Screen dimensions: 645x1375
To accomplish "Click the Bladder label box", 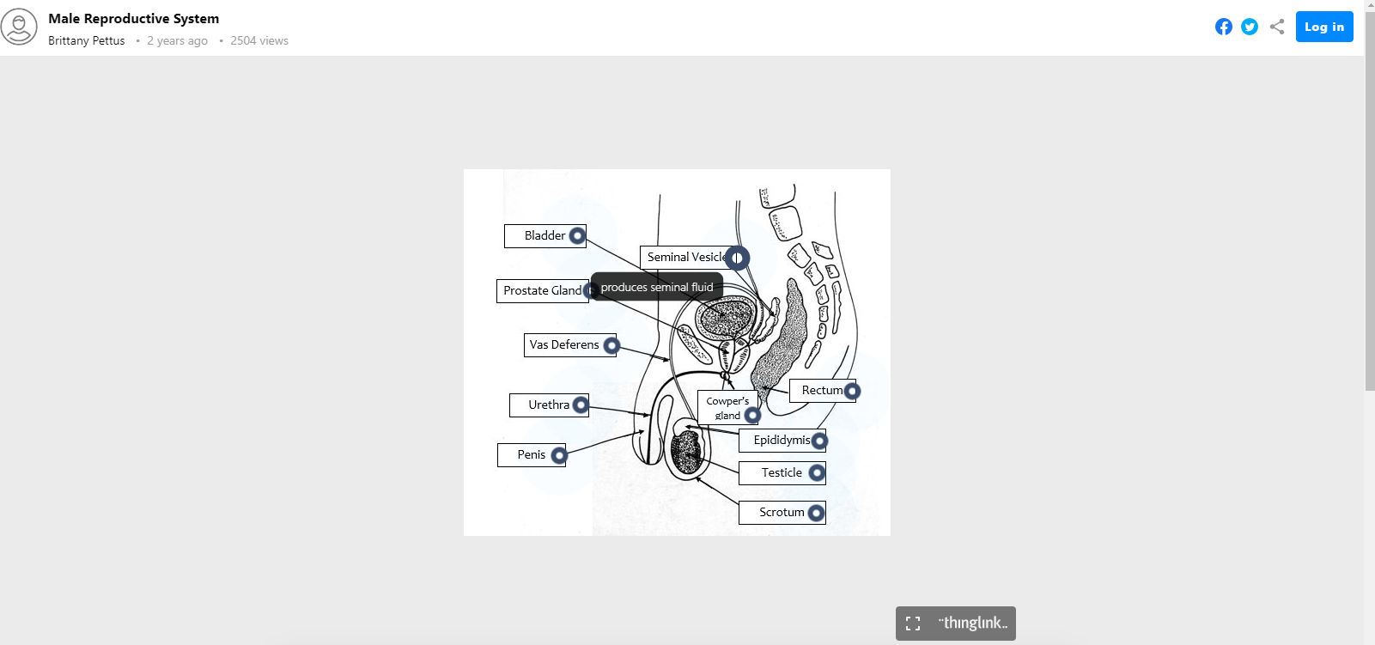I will coord(544,235).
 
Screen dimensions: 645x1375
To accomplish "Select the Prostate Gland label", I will coord(541,291).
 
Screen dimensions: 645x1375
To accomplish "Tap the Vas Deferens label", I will coord(563,345).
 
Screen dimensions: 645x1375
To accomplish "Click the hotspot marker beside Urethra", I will coord(581,405).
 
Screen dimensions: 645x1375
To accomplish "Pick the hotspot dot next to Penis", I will coord(559,455).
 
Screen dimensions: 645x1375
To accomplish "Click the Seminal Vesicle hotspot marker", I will coord(737,258).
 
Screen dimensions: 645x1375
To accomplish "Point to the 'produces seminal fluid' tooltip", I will coord(657,287).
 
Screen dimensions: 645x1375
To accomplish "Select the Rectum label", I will coord(820,391).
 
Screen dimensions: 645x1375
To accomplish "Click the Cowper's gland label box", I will coord(727,407).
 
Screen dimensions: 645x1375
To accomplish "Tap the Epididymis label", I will coord(781,441).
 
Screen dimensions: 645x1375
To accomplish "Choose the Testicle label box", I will coord(781,472).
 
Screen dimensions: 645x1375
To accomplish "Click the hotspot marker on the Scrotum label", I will coord(816,513).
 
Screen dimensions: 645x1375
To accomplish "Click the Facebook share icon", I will coord(1224,27).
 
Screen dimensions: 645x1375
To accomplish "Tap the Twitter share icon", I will coord(1250,27).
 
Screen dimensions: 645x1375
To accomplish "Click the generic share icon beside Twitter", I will coord(1277,27).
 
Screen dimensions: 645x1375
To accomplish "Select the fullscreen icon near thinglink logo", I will coord(913,624).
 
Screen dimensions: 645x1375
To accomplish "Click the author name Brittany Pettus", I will coord(86,40).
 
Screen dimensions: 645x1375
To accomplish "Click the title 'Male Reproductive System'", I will coord(133,18).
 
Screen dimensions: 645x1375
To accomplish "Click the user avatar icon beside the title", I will coord(19,27).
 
